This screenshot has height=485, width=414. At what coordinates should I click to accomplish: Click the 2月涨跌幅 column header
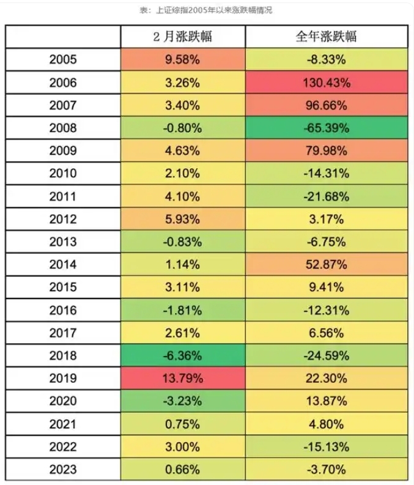click(183, 37)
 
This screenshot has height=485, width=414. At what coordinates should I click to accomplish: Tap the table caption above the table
click(207, 10)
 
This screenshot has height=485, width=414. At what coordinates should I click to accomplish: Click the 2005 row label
click(63, 59)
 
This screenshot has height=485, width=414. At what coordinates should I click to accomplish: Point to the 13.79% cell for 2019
click(183, 378)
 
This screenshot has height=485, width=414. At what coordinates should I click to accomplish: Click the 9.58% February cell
click(183, 59)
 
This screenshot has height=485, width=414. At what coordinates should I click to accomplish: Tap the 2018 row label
click(63, 355)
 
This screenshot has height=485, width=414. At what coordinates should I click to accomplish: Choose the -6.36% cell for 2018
click(183, 355)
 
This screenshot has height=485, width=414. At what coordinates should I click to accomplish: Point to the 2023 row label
click(63, 469)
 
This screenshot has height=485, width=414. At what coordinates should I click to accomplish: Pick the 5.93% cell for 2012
click(183, 218)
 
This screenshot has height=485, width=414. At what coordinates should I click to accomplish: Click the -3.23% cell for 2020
click(183, 401)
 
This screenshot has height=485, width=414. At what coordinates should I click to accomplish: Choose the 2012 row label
click(63, 218)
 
